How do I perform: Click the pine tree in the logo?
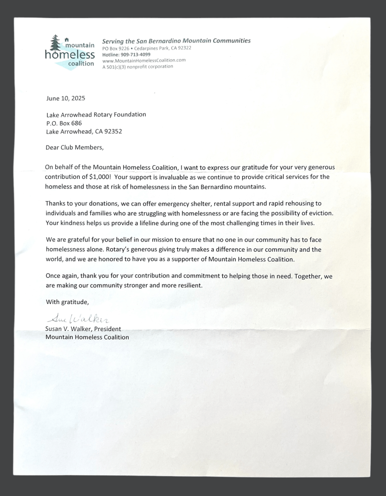(x=55, y=43)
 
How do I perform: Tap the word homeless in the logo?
(x=69, y=55)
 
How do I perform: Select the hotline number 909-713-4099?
(x=135, y=54)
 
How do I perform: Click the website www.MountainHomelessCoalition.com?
(x=144, y=60)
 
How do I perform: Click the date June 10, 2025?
(x=66, y=98)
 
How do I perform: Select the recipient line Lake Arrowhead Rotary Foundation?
(x=96, y=114)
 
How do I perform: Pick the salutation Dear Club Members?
(x=75, y=147)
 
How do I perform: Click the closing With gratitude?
(x=67, y=302)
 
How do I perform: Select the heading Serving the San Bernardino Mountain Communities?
(x=176, y=41)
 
